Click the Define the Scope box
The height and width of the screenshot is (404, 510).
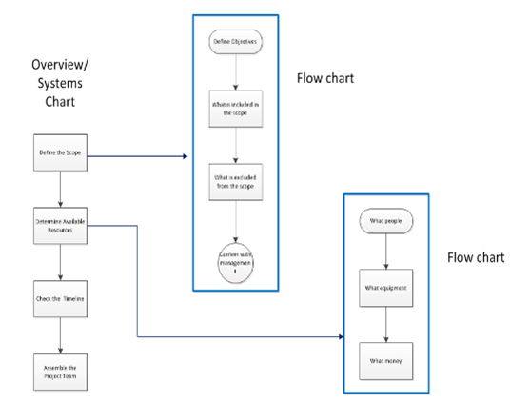click(x=61, y=151)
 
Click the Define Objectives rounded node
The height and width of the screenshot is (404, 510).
click(x=236, y=44)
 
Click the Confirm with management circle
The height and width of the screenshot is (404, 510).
click(x=236, y=258)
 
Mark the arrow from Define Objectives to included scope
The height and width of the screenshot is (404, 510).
click(x=236, y=71)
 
